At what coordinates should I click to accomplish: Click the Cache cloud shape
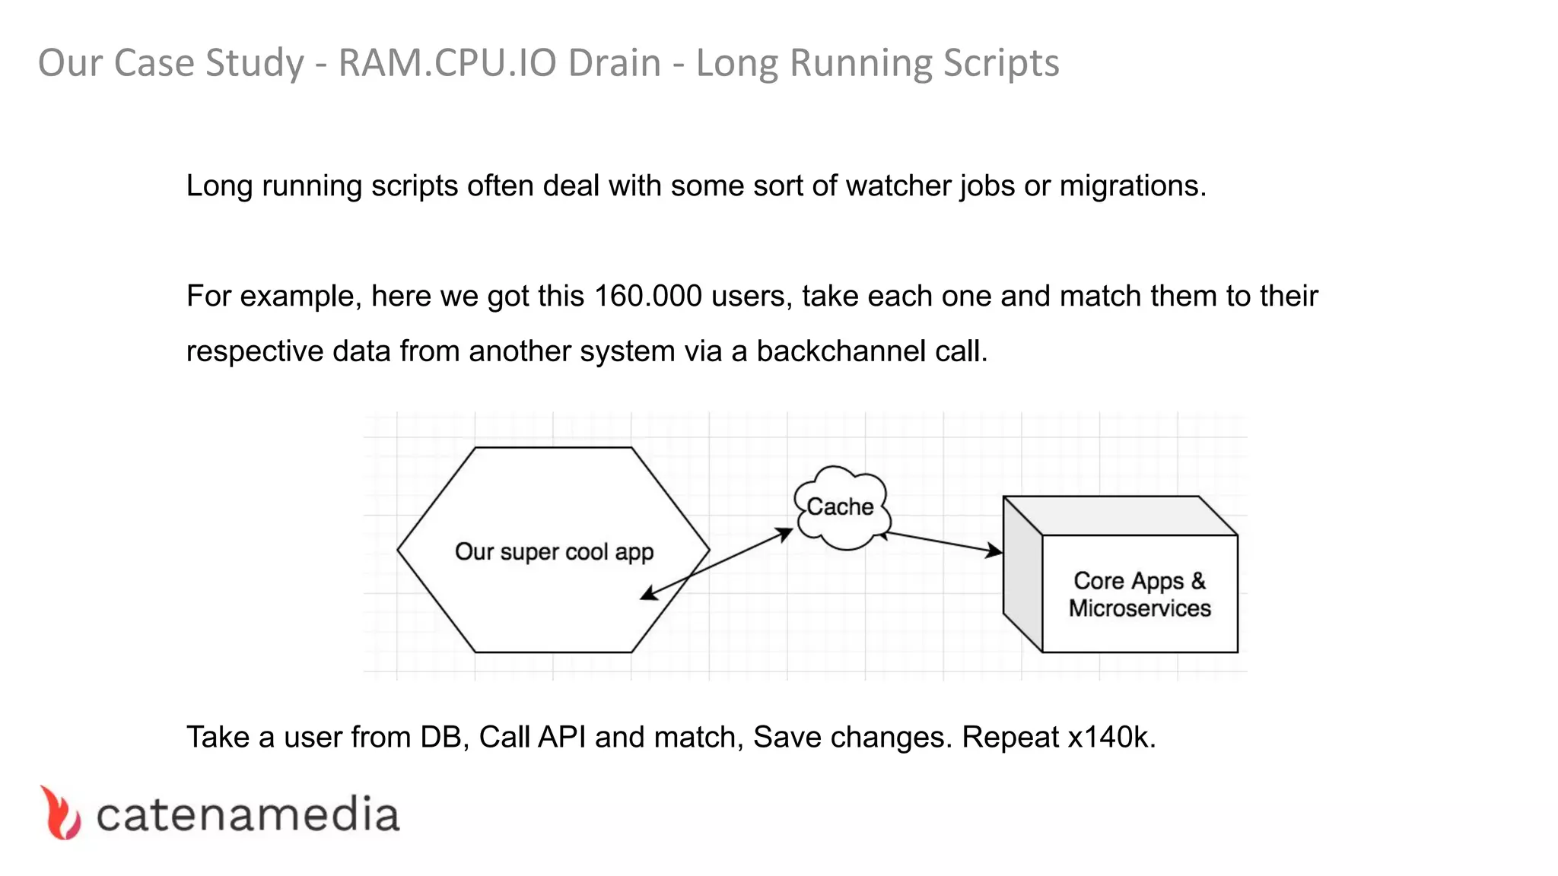pos(841,507)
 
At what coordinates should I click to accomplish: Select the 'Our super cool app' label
pos(554,551)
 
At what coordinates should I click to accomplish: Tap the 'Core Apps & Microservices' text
pos(1139,594)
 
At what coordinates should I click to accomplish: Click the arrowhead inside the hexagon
pos(649,594)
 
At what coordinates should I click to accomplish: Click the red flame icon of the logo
pos(60,814)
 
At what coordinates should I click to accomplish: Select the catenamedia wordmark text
pos(247,815)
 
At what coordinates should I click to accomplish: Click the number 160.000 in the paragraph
pos(647,296)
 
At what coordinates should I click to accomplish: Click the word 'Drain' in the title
pos(614,62)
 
